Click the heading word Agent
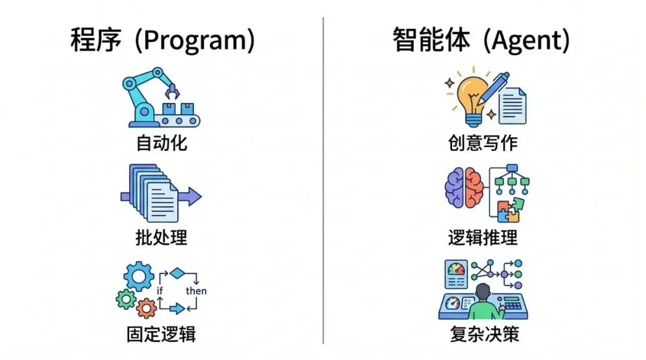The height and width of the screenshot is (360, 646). click(526, 41)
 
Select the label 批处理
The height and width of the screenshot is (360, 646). click(161, 237)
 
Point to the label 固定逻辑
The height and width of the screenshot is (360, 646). click(161, 333)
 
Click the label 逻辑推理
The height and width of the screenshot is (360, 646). click(483, 237)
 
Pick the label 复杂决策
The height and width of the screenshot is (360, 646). click(483, 333)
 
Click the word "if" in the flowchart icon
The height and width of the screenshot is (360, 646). click(160, 291)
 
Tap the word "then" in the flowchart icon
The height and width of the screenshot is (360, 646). click(196, 291)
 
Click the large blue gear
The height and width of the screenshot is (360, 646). click(138, 276)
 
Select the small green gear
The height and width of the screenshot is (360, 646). click(126, 298)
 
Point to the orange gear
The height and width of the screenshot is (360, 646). click(145, 308)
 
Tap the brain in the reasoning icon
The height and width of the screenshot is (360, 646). click(464, 187)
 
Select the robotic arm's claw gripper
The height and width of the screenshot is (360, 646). click(173, 91)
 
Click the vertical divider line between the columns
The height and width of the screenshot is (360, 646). click(323, 179)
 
